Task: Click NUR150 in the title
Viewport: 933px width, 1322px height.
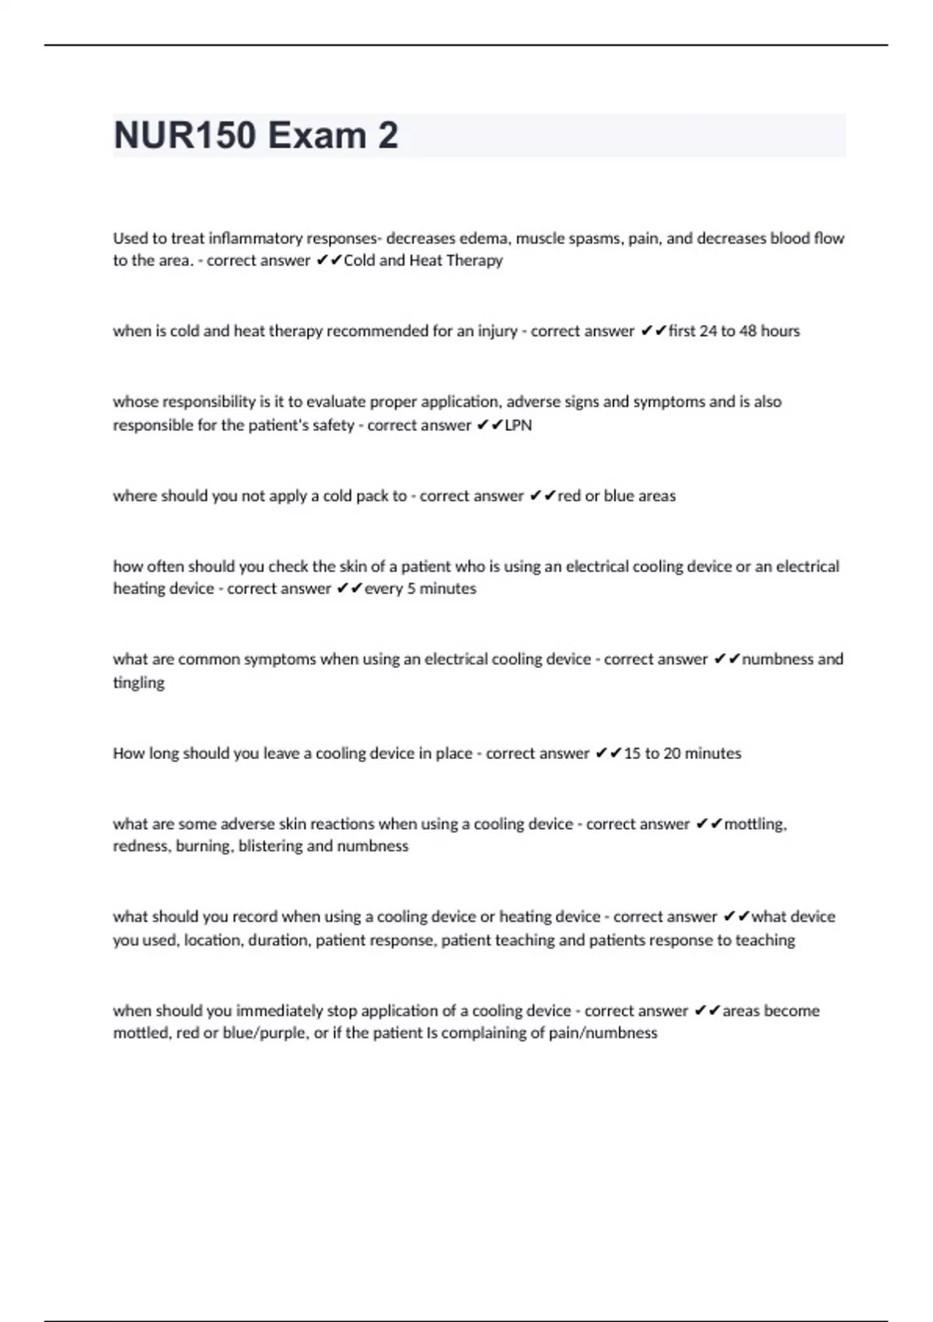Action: coord(184,135)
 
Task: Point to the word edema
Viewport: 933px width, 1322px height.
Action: coord(484,238)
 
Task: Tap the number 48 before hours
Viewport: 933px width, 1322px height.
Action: coord(747,331)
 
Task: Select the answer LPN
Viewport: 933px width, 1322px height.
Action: coord(519,425)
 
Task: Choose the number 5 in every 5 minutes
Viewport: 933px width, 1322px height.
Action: coord(411,589)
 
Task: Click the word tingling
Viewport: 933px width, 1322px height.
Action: coord(138,684)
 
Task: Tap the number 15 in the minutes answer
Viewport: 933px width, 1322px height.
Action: coord(631,754)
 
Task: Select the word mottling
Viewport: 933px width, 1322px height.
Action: coord(755,824)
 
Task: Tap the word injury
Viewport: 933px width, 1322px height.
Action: coord(498,331)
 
